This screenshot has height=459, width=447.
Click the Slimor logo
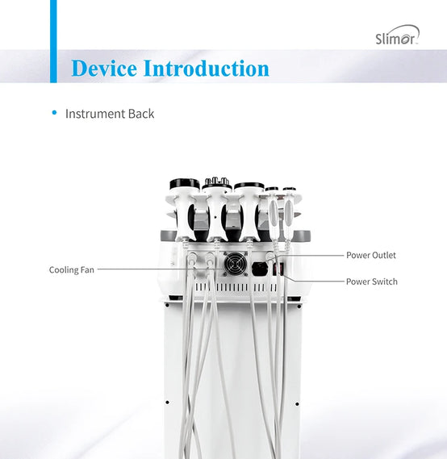point(397,35)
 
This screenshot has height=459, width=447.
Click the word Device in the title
point(104,69)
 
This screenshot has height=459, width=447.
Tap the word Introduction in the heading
point(206,69)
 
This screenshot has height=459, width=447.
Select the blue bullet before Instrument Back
point(54,113)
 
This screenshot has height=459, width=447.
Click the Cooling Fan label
point(72,269)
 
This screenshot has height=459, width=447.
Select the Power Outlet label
point(371,255)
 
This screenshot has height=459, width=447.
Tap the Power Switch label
point(372,282)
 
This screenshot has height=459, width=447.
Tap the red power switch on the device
point(278,269)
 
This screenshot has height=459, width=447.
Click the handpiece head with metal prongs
point(216,183)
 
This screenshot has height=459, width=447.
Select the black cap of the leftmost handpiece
point(185,184)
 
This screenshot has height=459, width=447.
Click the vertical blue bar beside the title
point(53,41)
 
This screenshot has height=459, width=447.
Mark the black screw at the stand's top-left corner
point(167,305)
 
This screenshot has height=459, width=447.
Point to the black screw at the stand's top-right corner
point(299,307)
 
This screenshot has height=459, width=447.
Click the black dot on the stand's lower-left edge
point(167,403)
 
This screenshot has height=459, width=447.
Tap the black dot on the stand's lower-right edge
point(297,404)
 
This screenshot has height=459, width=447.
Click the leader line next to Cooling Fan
point(161,269)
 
